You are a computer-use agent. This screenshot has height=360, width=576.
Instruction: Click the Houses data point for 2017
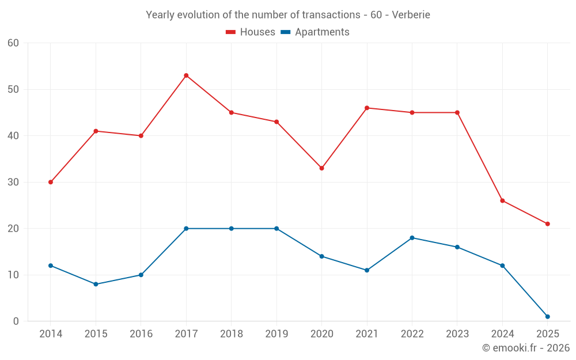(x=186, y=75)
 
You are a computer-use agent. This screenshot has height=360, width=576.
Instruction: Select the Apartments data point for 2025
(x=547, y=316)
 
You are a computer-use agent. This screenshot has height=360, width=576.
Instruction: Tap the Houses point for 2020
(x=321, y=168)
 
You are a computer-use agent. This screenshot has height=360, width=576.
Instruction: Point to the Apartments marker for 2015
(x=96, y=284)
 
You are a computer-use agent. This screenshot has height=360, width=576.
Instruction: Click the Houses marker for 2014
(x=51, y=182)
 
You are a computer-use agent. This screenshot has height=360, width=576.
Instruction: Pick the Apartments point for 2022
(x=412, y=238)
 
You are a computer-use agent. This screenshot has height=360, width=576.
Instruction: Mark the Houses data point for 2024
(x=502, y=200)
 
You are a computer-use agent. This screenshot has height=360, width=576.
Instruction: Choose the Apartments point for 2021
(x=367, y=270)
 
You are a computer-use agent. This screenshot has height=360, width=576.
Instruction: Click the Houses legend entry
(x=251, y=32)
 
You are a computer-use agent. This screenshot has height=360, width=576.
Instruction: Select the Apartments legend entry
(x=315, y=32)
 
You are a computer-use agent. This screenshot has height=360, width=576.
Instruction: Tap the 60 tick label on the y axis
(x=13, y=43)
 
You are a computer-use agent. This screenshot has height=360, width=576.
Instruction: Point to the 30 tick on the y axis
(x=13, y=182)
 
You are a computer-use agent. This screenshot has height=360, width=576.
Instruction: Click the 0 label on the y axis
(x=16, y=321)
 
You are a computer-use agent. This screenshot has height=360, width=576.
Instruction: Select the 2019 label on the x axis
(x=276, y=334)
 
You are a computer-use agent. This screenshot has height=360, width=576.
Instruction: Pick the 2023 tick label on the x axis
(x=457, y=334)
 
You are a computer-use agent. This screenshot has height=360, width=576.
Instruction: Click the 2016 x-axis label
(x=141, y=334)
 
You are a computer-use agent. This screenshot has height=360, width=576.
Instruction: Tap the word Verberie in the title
(x=411, y=14)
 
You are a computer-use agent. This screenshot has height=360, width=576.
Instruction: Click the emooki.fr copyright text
(x=525, y=348)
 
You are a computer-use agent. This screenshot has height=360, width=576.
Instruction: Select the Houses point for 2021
(x=367, y=108)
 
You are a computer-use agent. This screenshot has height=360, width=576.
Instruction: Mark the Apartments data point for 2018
(x=231, y=229)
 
